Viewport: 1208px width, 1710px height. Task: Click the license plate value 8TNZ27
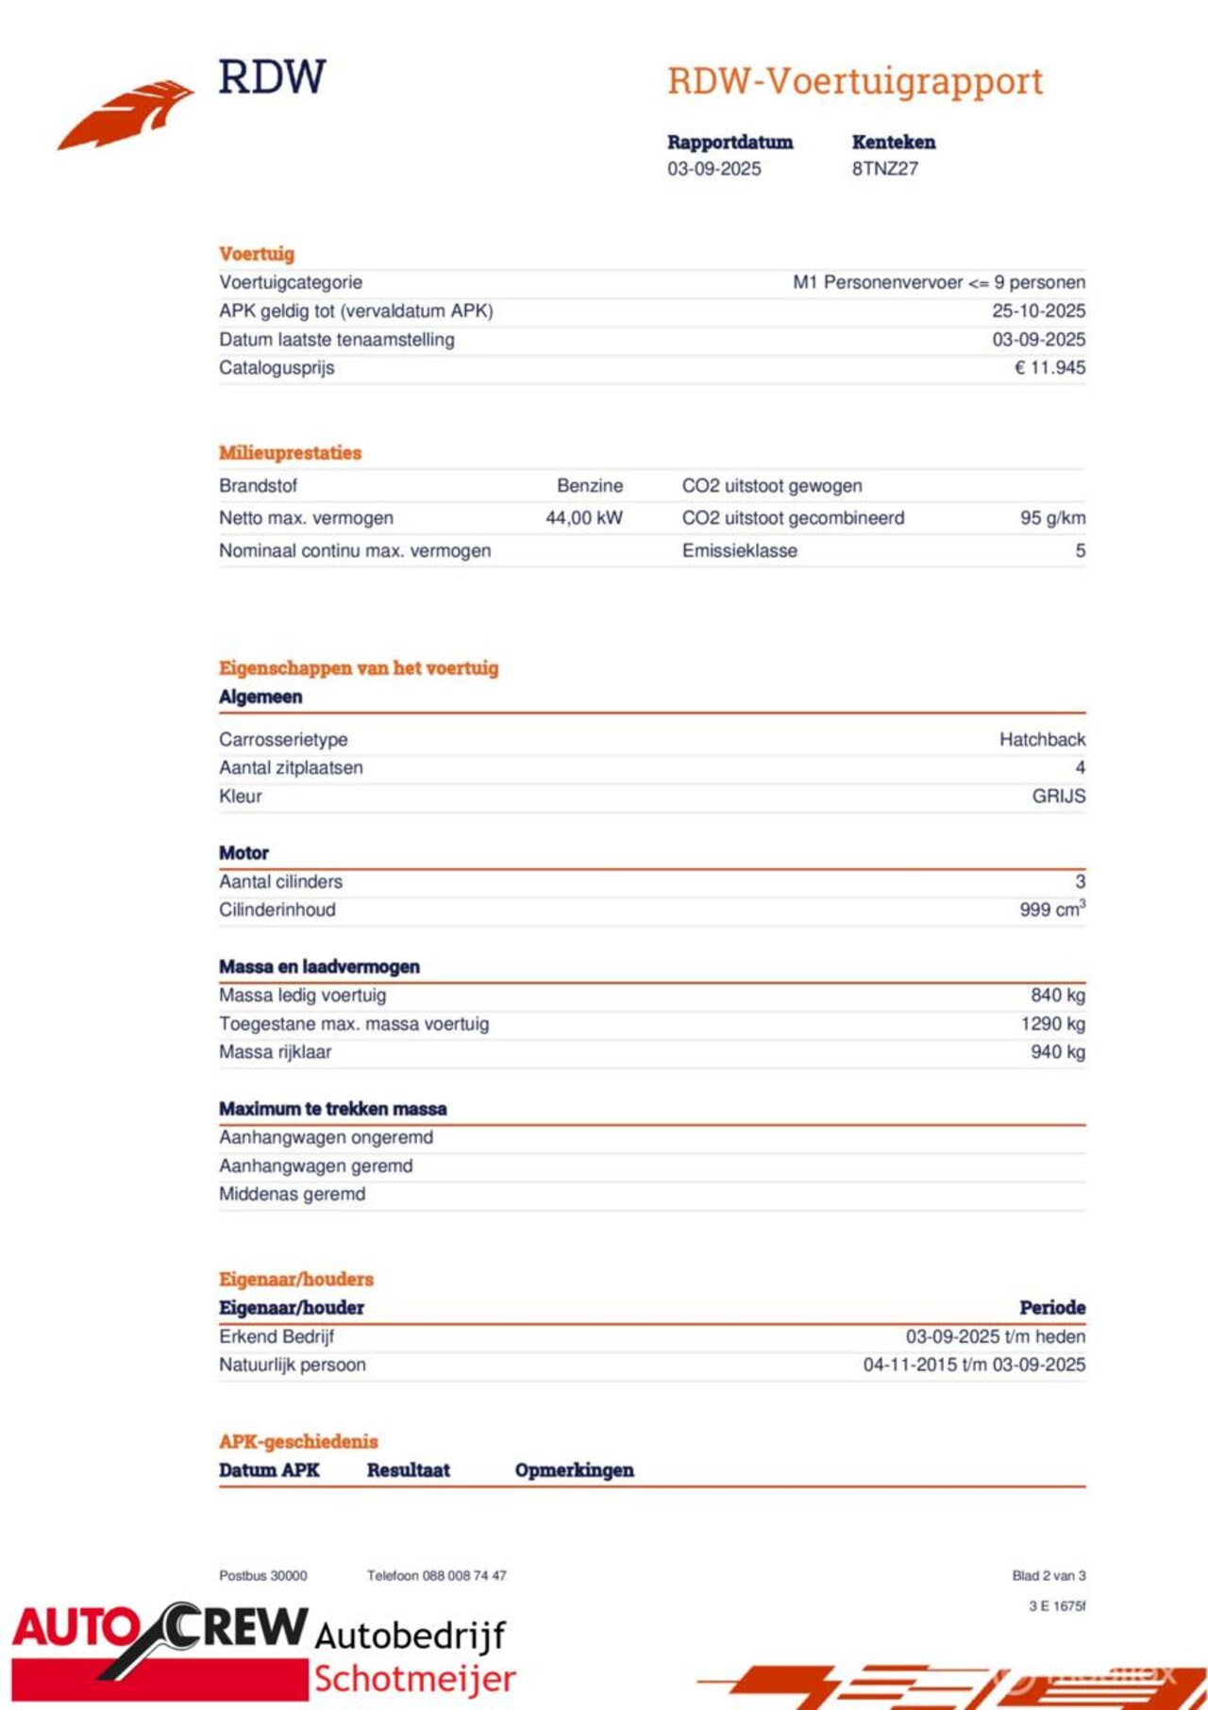(884, 169)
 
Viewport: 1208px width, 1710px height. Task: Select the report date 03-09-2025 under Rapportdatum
(713, 169)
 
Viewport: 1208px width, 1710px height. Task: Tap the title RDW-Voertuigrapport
(855, 81)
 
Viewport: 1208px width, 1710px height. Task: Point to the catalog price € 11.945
(1049, 368)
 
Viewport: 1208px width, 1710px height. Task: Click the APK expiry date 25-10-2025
(1038, 311)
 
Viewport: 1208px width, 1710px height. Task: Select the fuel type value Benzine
(590, 486)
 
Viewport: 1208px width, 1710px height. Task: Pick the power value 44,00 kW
(584, 518)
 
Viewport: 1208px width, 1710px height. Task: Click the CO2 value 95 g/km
(1052, 518)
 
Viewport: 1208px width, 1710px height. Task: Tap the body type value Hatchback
(1042, 740)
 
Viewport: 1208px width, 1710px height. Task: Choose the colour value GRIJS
(1058, 796)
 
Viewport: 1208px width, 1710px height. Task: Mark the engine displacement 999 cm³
(1052, 910)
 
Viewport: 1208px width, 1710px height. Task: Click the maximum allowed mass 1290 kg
(1052, 1024)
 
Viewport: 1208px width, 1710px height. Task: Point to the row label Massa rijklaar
(276, 1052)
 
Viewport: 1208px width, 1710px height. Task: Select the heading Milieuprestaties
(291, 453)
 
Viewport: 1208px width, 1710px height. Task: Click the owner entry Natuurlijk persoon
(293, 1365)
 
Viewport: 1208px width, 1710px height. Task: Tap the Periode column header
(1052, 1308)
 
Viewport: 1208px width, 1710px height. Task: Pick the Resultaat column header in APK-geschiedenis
(408, 1470)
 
